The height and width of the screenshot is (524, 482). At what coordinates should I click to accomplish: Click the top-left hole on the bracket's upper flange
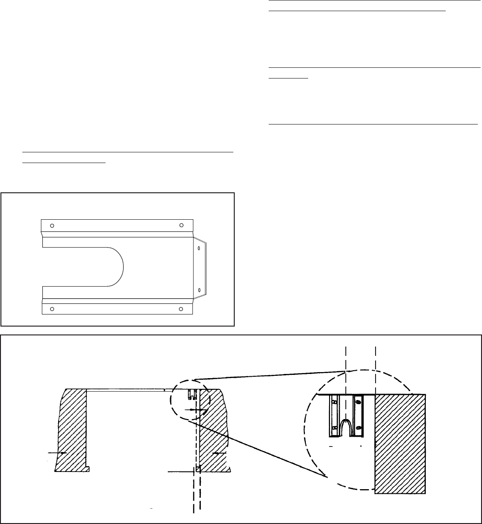[52, 225]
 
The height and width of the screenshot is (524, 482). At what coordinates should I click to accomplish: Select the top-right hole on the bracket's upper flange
[181, 225]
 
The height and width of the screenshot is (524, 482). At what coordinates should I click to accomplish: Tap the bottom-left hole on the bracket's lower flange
[52, 308]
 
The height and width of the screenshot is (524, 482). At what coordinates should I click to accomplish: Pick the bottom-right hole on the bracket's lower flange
[181, 308]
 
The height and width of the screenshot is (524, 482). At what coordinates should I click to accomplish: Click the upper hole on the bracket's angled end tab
[199, 249]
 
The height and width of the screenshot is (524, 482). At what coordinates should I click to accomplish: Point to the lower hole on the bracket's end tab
[199, 290]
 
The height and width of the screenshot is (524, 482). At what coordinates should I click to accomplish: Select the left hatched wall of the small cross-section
[72, 427]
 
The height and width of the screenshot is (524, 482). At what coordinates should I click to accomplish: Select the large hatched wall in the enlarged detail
[400, 441]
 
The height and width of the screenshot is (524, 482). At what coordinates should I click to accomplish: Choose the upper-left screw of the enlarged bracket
[334, 401]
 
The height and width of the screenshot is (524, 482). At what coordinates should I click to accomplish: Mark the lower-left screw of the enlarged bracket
[334, 427]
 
